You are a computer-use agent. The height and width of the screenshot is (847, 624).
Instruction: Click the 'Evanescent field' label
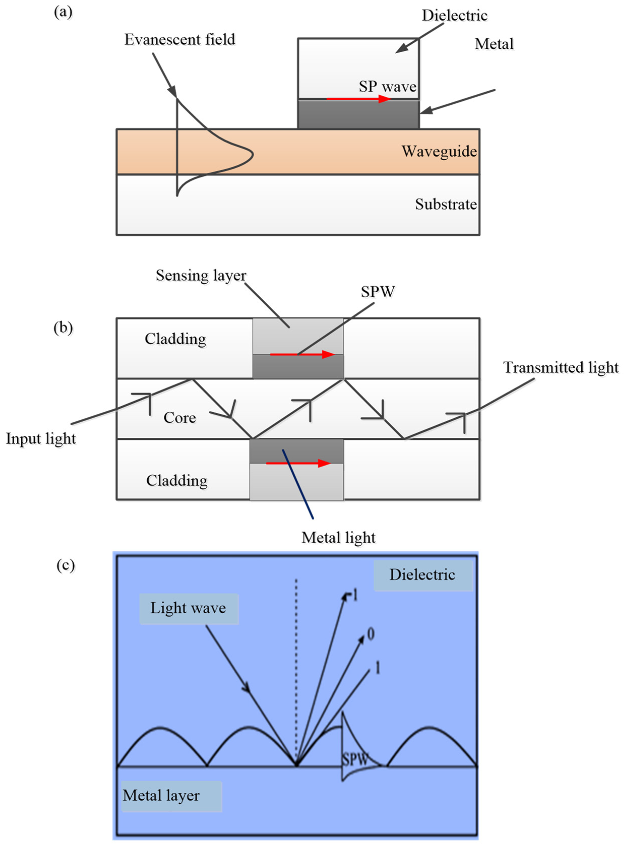180,40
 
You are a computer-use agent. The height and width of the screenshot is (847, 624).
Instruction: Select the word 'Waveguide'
439,151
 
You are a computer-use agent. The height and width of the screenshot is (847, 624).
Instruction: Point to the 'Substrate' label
446,204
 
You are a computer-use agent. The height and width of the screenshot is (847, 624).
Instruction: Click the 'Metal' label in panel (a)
494,44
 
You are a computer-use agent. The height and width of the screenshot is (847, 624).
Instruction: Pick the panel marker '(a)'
63,12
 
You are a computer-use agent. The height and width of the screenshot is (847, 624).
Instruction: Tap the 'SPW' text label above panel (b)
378,292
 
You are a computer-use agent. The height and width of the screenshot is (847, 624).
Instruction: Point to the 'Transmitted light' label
560,367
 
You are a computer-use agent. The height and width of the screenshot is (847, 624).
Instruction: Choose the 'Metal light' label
338,538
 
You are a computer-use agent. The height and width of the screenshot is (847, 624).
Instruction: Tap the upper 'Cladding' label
175,339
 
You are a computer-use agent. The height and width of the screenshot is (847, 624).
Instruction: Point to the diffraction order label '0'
371,634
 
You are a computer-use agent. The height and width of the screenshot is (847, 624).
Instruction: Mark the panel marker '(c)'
65,565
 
